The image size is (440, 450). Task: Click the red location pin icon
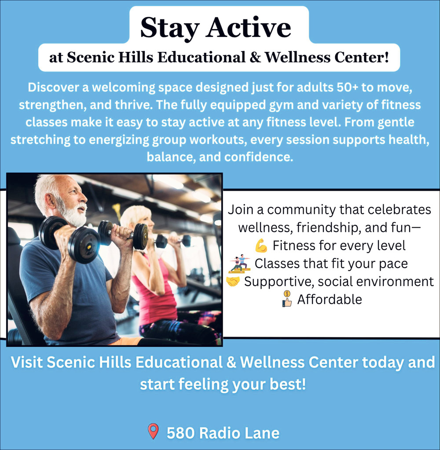click(x=153, y=431)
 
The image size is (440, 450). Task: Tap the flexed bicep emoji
click(x=261, y=246)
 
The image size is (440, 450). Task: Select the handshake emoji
click(x=233, y=282)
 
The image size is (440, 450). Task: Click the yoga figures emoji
click(x=240, y=264)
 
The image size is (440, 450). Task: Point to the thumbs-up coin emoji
click(x=287, y=299)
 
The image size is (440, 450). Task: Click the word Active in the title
click(x=248, y=28)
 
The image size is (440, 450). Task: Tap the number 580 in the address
click(x=181, y=433)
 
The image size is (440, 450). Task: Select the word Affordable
click(x=330, y=299)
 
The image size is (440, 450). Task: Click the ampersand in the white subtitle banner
click(x=255, y=57)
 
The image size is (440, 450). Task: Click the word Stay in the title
click(x=170, y=28)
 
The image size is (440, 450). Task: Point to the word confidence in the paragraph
click(x=259, y=157)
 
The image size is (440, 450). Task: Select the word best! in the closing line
click(x=288, y=384)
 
